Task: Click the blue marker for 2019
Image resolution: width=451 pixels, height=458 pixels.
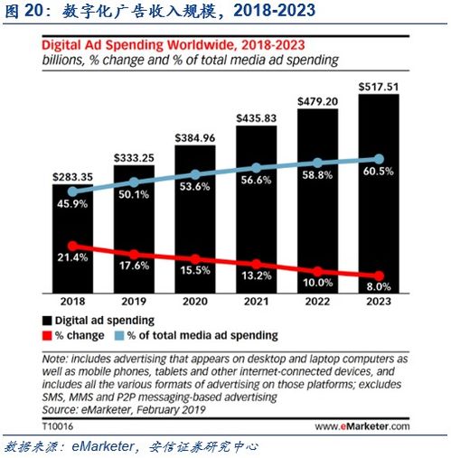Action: point(135,180)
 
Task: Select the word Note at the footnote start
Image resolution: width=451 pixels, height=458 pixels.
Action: point(56,359)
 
